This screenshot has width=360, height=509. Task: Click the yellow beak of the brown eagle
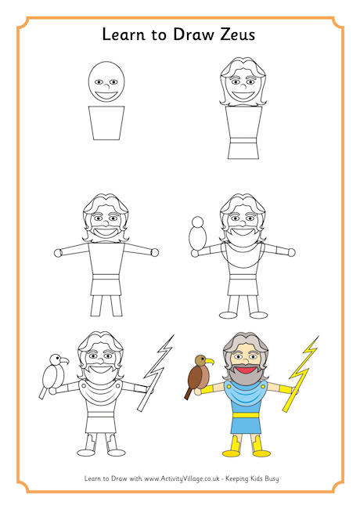tap(210, 361)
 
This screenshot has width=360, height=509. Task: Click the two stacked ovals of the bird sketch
tap(198, 233)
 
